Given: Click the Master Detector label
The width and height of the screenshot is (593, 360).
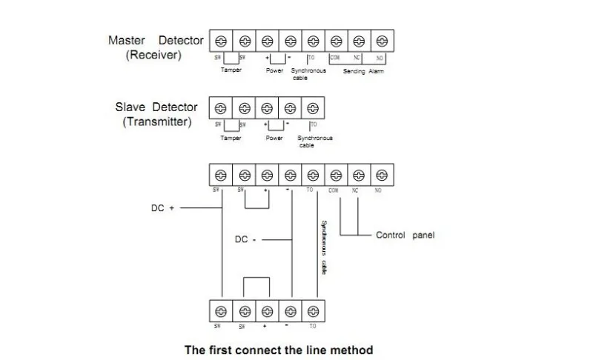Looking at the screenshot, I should coord(153,40).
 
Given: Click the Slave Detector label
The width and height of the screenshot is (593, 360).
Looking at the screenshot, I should coord(157,107).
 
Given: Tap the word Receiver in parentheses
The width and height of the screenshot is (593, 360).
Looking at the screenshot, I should coord(153,55).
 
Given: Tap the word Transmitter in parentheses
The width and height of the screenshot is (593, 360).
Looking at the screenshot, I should coord(157,121).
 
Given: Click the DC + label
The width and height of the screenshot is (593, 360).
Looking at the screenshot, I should coord(162,209).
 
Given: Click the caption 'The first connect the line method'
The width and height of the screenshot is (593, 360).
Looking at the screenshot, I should coord(278,349).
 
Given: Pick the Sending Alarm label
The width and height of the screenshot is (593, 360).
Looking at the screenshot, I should coord(363,71).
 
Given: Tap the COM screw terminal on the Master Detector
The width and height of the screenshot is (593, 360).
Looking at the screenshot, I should coord(336,40).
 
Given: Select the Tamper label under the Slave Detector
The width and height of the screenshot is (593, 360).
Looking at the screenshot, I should coord(231,138).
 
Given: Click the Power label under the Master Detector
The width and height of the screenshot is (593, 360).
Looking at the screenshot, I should coord(275,70).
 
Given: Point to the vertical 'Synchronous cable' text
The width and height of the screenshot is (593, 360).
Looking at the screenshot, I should coord(323,248).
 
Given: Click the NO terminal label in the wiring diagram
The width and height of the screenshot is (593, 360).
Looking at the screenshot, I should coord(378,190).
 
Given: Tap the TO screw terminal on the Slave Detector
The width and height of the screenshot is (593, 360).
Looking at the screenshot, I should coord(313,107).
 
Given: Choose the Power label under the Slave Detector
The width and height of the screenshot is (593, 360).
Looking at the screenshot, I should coord(275,138).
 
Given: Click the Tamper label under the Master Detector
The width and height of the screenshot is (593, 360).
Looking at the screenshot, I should coord(231,70).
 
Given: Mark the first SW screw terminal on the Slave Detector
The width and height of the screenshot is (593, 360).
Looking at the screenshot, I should coord(220,107).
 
